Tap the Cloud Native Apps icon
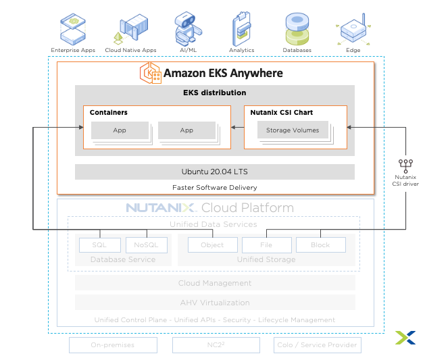pos(130,28)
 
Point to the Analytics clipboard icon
pos(242,27)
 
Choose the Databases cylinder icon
pos(297,28)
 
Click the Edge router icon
pos(353,28)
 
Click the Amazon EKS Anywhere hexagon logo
pos(151,73)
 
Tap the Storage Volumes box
pos(293,130)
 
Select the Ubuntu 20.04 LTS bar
pos(214,172)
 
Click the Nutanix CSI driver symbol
pos(405,164)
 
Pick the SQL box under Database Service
pos(99,245)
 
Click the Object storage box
pos(212,245)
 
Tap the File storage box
pos(266,245)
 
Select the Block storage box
pos(320,245)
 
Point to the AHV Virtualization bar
pos(214,303)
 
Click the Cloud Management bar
pos(214,283)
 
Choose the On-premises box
pos(113,345)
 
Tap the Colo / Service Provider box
pos(318,345)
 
